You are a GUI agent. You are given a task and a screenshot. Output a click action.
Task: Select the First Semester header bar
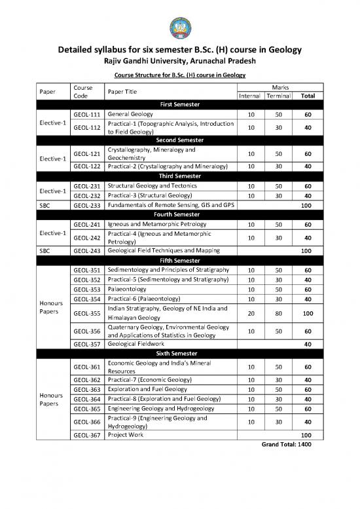click(x=179, y=104)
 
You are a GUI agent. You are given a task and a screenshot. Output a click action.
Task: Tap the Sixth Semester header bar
click(x=179, y=354)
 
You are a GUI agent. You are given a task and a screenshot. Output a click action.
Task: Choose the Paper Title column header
click(x=124, y=91)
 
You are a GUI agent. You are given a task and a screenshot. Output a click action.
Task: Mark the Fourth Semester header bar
click(x=179, y=214)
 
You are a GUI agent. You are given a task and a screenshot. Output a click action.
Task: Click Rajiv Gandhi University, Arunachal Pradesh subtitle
click(x=179, y=62)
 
